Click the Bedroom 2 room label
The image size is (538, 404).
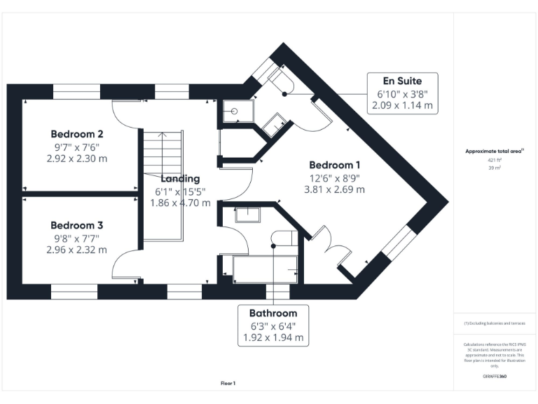(77, 134)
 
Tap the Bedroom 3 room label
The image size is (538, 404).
(77, 225)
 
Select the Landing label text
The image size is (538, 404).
(180, 179)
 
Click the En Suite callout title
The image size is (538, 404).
(403, 81)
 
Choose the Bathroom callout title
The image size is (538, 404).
(273, 313)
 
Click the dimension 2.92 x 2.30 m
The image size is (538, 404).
(77, 159)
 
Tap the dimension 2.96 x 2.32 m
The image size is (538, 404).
(77, 250)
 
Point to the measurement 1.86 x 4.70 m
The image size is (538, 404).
(180, 203)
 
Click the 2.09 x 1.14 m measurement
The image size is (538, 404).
(403, 106)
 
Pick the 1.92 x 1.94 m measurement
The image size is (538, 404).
(273, 337)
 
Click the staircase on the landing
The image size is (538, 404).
(163, 186)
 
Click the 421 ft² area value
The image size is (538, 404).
(495, 161)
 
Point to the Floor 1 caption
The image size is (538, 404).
(228, 383)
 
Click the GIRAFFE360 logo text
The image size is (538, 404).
(495, 377)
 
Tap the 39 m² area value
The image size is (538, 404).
(495, 169)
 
